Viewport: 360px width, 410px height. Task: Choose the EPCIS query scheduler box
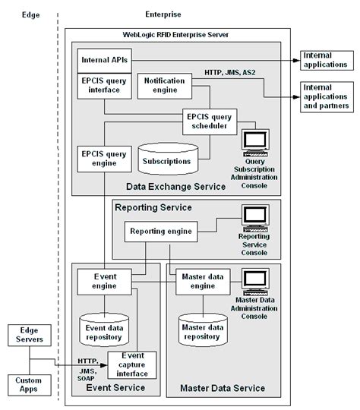[210, 121]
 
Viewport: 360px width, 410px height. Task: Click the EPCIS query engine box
[102, 158]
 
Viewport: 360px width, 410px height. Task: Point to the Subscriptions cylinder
[166, 160]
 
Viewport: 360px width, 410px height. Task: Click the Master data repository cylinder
[204, 327]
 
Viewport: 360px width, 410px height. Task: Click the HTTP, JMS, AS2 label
[231, 73]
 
